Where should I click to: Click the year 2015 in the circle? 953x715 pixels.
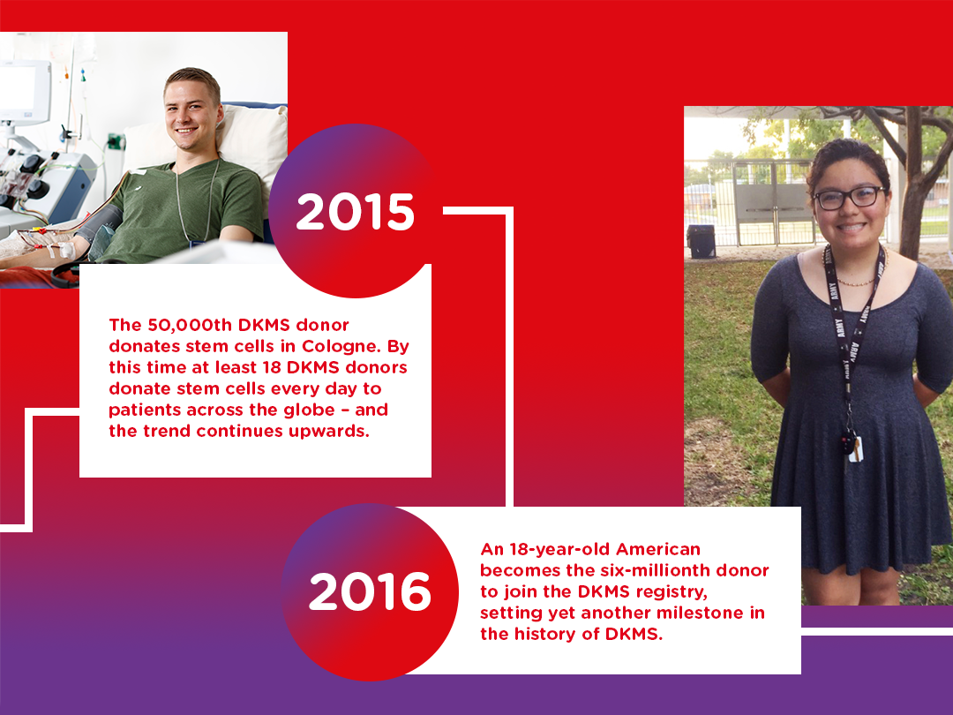click(x=355, y=212)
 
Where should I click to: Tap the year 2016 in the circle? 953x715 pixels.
click(x=370, y=592)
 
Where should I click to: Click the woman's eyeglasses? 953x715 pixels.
click(x=849, y=198)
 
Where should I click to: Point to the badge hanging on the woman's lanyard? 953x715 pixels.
click(x=851, y=445)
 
